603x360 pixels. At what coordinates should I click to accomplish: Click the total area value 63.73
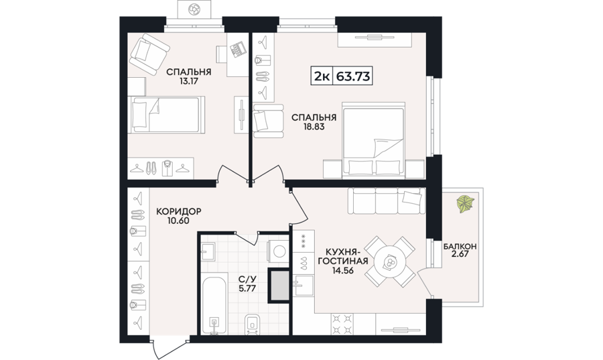[x=353, y=76]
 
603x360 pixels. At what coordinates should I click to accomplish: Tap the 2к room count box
[x=322, y=76]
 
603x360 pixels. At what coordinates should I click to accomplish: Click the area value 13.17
[x=188, y=81]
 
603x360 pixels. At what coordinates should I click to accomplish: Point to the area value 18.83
[x=314, y=126]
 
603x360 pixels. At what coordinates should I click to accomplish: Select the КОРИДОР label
[x=178, y=212]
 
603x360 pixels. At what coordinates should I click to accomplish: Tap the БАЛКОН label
[x=460, y=246]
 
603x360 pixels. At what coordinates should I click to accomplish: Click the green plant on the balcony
[x=465, y=204]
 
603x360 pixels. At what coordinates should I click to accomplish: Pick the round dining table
[x=390, y=262]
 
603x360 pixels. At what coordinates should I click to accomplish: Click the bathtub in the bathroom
[x=214, y=305]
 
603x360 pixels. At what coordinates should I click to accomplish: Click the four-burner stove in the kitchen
[x=342, y=324]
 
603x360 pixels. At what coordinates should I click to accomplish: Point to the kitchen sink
[x=304, y=286]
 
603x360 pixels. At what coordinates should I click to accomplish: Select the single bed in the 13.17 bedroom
[x=166, y=115]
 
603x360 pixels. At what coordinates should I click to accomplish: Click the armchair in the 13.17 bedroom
[x=149, y=54]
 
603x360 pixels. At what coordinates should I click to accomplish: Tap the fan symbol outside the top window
[x=194, y=9]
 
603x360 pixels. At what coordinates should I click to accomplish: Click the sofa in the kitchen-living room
[x=387, y=200]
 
